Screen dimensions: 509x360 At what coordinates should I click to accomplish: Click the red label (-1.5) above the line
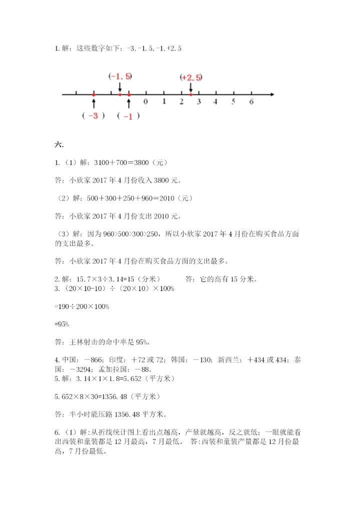tap(120, 76)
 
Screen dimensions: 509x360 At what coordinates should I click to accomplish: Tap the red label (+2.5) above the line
tap(191, 77)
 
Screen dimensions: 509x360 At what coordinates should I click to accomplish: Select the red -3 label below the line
tap(93, 115)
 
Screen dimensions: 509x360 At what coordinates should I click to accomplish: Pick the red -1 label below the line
tap(128, 116)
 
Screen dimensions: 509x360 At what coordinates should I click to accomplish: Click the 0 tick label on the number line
tap(145, 101)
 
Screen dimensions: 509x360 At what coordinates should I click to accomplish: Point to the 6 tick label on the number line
tap(251, 101)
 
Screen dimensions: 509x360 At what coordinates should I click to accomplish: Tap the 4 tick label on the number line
tap(215, 101)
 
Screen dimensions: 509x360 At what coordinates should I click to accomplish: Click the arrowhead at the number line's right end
tap(271, 94)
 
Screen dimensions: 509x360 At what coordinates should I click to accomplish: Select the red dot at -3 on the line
tap(93, 94)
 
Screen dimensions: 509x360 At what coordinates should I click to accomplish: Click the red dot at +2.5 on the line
tap(191, 94)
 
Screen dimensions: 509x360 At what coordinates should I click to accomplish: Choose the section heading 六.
tap(58, 144)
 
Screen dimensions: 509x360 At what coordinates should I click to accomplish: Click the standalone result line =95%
tap(61, 324)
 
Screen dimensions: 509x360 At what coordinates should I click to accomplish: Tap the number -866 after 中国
tap(93, 360)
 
